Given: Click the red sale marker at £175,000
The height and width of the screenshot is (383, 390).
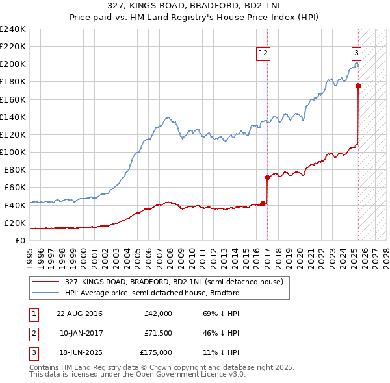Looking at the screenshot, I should pyautogui.click(x=358, y=85).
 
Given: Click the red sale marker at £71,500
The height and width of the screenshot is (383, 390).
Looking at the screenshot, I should pyautogui.click(x=267, y=177).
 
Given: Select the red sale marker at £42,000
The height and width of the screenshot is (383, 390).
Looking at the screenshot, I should pyautogui.click(x=263, y=203).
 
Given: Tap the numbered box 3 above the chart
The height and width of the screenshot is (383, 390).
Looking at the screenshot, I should pyautogui.click(x=357, y=54).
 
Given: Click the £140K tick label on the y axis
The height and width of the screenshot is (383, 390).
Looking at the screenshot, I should pyautogui.click(x=13, y=117).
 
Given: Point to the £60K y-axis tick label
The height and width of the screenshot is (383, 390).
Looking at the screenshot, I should pyautogui.click(x=15, y=187).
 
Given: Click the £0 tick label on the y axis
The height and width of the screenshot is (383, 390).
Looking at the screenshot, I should pyautogui.click(x=21, y=240).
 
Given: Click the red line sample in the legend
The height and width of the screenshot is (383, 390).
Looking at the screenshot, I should pyautogui.click(x=45, y=282).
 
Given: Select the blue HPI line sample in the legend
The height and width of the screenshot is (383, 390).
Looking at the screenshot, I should pyautogui.click(x=45, y=293).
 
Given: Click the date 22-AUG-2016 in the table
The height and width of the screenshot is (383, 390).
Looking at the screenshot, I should pyautogui.click(x=79, y=313).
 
